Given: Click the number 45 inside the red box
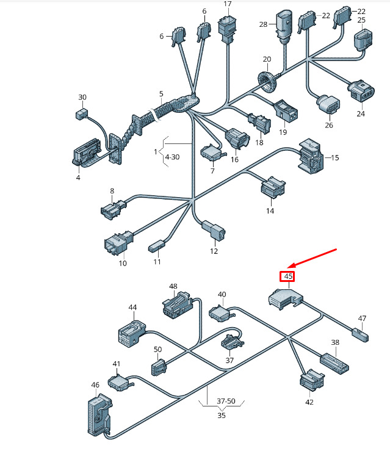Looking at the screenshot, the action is [x=289, y=276].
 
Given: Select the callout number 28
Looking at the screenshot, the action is [x=264, y=24].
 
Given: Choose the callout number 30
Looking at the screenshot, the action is [x=82, y=98].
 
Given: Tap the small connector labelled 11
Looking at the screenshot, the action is [x=157, y=247].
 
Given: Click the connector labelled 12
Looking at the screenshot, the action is [x=213, y=231].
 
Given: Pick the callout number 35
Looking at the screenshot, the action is [x=221, y=416].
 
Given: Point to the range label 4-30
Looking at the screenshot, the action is [x=172, y=157].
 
